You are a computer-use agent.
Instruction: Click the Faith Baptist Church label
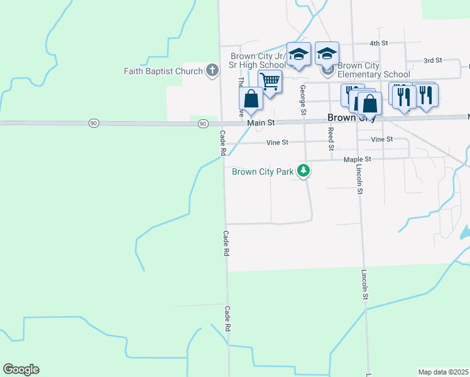pos(163,71)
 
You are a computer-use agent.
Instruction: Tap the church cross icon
pos(212,70)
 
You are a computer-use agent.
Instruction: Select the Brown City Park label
pos(263,172)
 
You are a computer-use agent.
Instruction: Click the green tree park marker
pos(303,170)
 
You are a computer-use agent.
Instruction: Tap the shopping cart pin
pos(270,82)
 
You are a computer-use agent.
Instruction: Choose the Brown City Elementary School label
pos(373,70)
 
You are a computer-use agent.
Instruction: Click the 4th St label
pos(379,43)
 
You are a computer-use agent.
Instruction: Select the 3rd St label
pos(433,60)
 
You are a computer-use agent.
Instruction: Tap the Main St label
pos(261,123)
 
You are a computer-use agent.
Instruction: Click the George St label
pos(303,100)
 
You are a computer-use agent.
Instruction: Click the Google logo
pos(21,369)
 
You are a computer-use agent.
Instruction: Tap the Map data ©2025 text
pos(443,371)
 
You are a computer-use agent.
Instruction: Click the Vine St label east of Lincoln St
pos(381,139)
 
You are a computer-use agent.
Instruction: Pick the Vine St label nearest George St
pos(277,143)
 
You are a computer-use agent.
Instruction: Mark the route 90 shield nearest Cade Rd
pos(202,124)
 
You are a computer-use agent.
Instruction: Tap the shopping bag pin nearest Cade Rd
pos(251,99)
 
